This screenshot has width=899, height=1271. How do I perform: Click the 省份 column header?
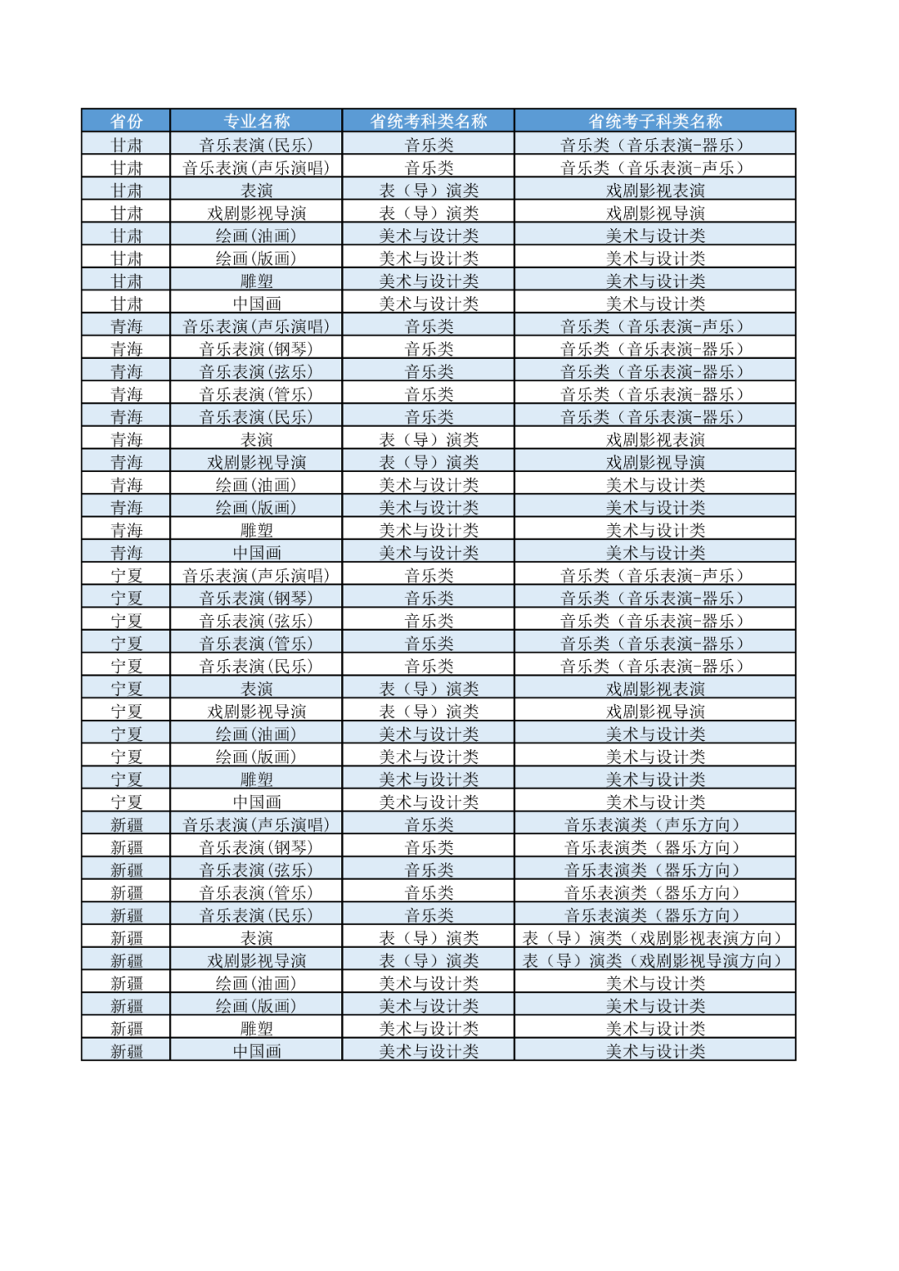tap(127, 122)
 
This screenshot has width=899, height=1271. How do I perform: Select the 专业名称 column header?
tap(256, 122)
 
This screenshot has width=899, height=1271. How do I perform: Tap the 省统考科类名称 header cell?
tap(429, 122)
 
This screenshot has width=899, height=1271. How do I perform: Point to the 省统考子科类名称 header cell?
tap(655, 122)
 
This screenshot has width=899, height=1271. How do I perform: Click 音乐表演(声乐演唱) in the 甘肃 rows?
tap(256, 168)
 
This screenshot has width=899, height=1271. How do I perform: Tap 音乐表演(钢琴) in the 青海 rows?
tap(256, 350)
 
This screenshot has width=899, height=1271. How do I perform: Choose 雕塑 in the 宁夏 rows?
tap(256, 780)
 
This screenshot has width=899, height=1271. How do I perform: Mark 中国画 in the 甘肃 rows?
tap(256, 304)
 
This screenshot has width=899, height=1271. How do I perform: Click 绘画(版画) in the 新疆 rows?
tap(256, 1006)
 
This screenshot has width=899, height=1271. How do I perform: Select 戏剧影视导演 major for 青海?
tap(256, 463)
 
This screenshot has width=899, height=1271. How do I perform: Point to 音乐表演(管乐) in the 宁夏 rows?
tap(256, 643)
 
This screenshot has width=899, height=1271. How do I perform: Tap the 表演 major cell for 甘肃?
tap(256, 191)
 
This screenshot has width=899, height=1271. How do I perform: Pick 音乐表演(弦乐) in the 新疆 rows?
tap(256, 870)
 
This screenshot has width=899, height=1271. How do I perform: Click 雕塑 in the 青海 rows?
tap(256, 530)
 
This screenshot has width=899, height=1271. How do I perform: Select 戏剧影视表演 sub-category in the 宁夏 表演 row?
tap(655, 689)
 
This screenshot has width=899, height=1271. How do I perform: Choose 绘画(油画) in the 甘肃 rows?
tap(256, 236)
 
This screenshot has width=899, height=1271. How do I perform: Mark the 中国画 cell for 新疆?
tap(256, 1051)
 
